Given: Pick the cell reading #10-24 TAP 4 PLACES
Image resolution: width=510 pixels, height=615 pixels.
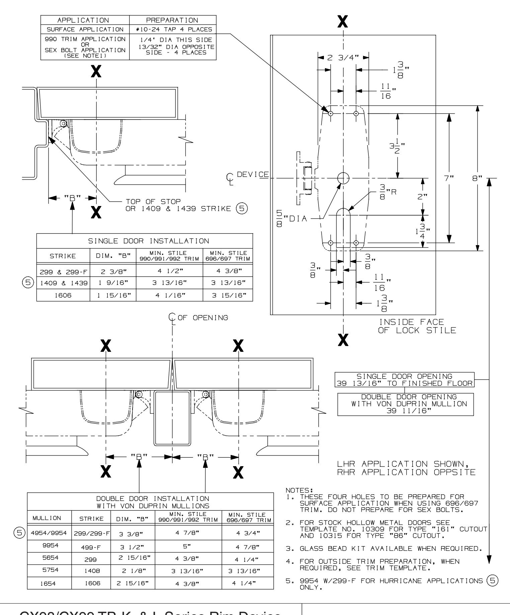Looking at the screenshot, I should [x=173, y=29].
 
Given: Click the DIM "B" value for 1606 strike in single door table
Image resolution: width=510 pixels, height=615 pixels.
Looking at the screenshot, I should [x=113, y=295].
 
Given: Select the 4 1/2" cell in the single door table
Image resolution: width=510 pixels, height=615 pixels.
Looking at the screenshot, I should [x=169, y=272].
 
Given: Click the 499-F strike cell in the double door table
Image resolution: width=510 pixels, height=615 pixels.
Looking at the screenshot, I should [x=91, y=544].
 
